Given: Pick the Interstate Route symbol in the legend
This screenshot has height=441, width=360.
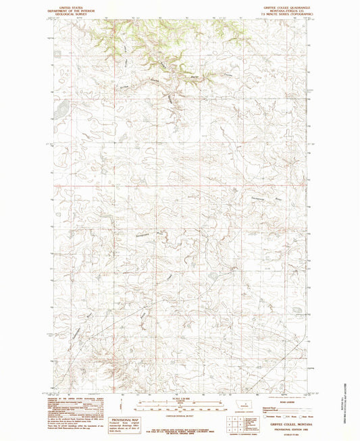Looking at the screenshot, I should (268, 413).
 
